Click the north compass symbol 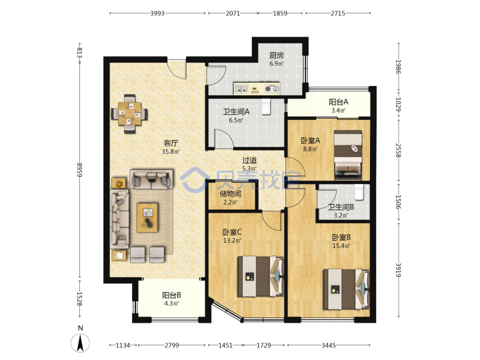(80, 342)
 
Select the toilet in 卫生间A (266, 107)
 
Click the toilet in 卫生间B (359, 192)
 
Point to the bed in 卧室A (348, 155)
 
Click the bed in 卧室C (261, 277)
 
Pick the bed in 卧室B (346, 289)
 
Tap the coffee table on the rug (147, 217)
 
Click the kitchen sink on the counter (241, 89)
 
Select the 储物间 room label (231, 194)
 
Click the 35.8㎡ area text (171, 151)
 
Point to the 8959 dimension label (79, 169)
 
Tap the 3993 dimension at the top (157, 13)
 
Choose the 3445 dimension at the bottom (329, 345)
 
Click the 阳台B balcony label (171, 295)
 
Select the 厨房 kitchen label (277, 55)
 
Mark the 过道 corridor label (249, 160)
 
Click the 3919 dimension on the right (398, 270)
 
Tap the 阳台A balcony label (339, 102)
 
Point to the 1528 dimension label (79, 299)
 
